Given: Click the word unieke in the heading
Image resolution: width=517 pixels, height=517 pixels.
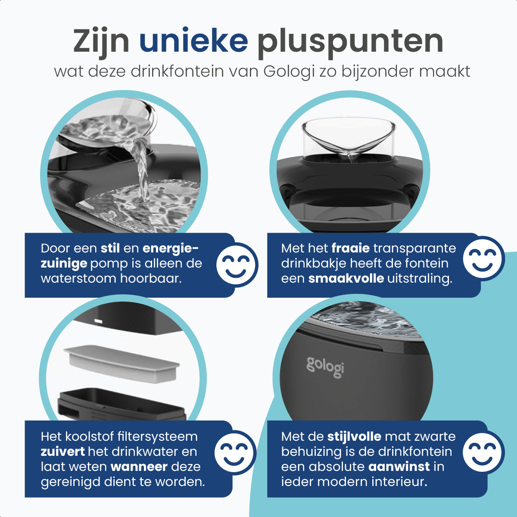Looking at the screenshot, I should tap(193, 41).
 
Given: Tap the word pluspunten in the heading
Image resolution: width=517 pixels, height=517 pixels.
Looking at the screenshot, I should tap(350, 42).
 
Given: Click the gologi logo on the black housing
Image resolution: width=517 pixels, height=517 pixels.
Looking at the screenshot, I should tap(325, 367).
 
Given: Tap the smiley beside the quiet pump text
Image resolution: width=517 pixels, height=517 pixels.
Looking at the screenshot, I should tap(237, 265).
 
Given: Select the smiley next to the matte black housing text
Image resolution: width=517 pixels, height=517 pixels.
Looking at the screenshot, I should tap(483, 452).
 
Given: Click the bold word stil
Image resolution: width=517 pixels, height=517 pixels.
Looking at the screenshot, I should tap(110, 249).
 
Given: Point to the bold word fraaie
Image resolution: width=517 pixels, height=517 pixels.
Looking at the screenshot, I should tap(350, 249).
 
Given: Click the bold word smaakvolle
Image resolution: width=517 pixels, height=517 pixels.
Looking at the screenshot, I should tap(346, 278).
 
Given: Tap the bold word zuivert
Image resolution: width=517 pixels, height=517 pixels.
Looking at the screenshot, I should tap(63, 452).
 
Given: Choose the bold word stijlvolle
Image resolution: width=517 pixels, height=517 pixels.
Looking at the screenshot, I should tap(354, 436).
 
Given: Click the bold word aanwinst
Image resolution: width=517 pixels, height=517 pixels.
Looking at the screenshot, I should tap(399, 467).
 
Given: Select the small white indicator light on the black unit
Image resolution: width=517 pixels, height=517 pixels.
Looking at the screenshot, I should tap(97, 321).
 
